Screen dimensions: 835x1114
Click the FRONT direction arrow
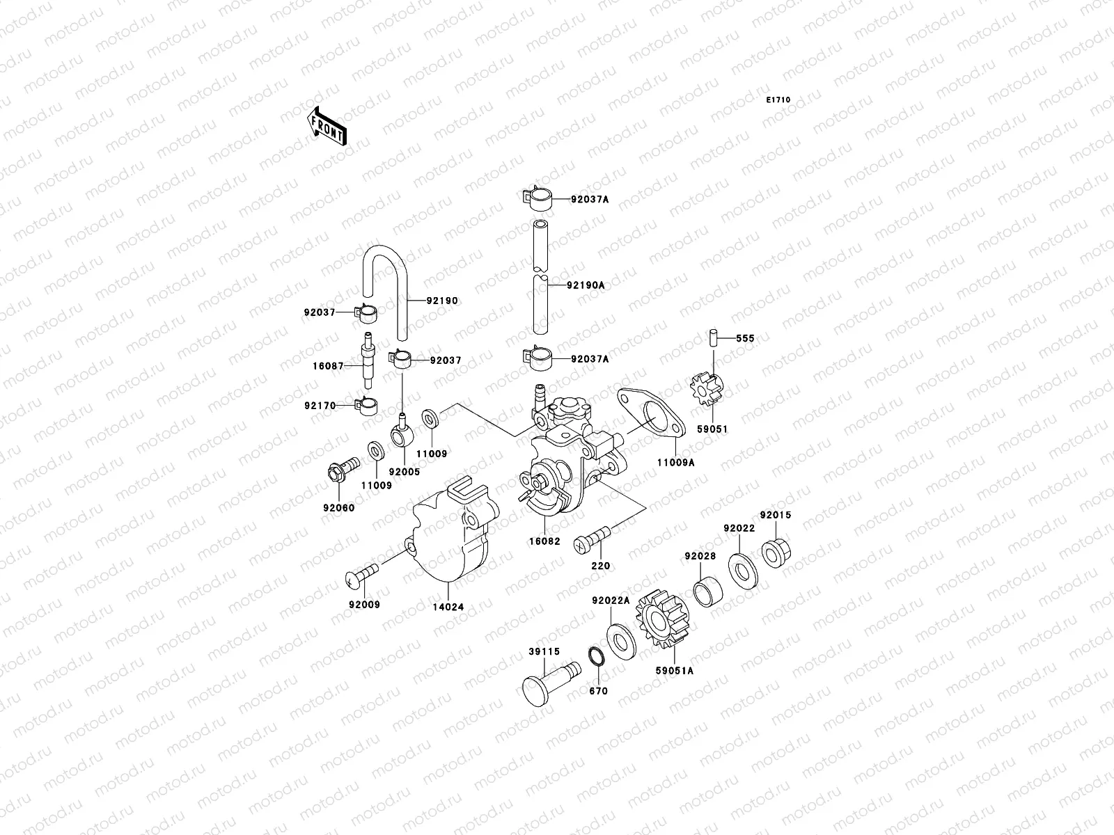(x=326, y=126)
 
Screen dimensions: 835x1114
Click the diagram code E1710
(x=778, y=100)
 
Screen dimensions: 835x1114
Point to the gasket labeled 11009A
(x=650, y=415)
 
